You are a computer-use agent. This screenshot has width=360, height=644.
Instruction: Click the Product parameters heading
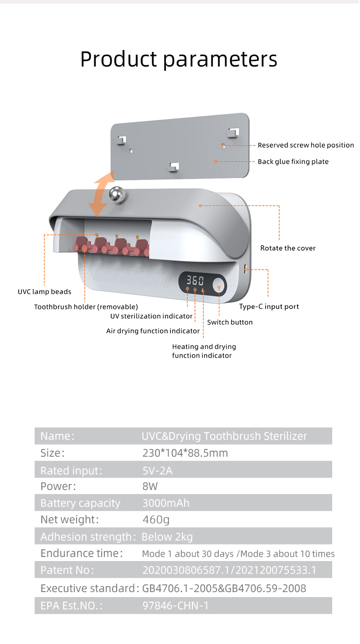tap(179, 59)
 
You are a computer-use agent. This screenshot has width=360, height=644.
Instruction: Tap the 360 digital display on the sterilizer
tap(195, 280)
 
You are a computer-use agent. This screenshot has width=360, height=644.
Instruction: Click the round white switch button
tap(219, 287)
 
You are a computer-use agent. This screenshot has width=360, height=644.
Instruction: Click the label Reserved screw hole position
tap(306, 145)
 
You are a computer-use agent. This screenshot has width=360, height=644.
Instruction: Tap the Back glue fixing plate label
tap(293, 162)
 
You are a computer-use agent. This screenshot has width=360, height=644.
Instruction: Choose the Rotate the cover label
tap(288, 248)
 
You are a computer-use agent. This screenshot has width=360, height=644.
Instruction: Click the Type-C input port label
tap(269, 307)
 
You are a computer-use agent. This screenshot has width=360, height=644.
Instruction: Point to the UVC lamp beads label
tap(45, 292)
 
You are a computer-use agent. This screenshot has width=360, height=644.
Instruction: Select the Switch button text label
tap(230, 322)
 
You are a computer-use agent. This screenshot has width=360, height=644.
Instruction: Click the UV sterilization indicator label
tap(151, 316)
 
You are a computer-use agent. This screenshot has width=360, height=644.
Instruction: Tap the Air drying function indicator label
tap(153, 331)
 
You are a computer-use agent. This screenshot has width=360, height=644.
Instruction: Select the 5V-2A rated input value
tap(157, 470)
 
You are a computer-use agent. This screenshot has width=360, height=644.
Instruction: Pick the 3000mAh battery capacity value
tap(166, 504)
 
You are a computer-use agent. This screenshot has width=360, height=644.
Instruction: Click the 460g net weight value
tap(156, 520)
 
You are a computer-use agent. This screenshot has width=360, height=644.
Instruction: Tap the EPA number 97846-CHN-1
tap(175, 606)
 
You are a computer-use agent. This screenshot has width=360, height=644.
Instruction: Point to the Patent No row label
tap(67, 570)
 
